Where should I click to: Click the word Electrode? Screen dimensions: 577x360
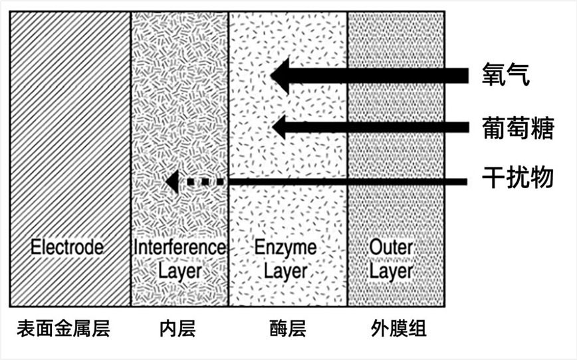(x=66, y=247)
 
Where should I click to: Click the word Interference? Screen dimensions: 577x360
(x=180, y=247)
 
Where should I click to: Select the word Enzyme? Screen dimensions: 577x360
(x=286, y=248)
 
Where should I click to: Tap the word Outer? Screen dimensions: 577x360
(x=391, y=247)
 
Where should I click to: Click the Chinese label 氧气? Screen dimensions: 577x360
(x=506, y=75)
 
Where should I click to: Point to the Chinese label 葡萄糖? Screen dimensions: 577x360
(x=518, y=128)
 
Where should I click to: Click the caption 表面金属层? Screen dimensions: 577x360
(x=63, y=328)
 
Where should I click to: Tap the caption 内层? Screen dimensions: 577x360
(x=177, y=328)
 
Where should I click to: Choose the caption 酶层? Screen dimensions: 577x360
(x=288, y=328)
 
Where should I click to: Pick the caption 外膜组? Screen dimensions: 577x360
(x=399, y=328)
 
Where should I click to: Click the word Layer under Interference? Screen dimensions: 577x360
(x=180, y=272)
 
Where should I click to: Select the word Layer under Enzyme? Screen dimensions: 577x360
(x=286, y=272)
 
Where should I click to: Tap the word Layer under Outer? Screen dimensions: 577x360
(x=391, y=272)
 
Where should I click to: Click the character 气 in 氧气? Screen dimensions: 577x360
(x=518, y=75)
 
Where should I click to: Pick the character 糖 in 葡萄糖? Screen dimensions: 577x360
(x=542, y=128)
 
